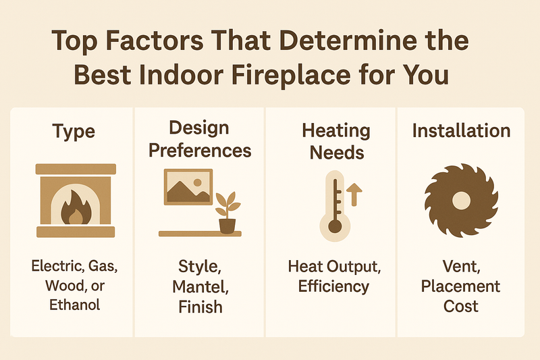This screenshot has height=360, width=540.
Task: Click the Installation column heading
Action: [x=461, y=130]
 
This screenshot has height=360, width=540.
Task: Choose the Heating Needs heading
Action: [x=335, y=140]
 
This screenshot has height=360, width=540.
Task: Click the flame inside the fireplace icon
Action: [x=75, y=207]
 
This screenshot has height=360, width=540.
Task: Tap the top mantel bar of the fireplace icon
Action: [x=75, y=169]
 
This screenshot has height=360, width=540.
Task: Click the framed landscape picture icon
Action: [x=188, y=186]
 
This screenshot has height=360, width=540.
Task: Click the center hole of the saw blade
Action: [x=461, y=200]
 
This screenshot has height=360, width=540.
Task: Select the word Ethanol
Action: [x=75, y=305]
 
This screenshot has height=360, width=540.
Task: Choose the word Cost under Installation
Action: [x=461, y=305]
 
